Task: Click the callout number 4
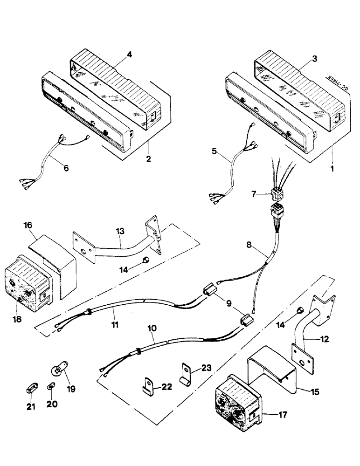(x=130, y=54)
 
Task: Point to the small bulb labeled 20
(x=49, y=387)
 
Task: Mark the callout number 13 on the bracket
(x=121, y=232)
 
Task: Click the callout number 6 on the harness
(x=66, y=168)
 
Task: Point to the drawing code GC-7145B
(x=345, y=82)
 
